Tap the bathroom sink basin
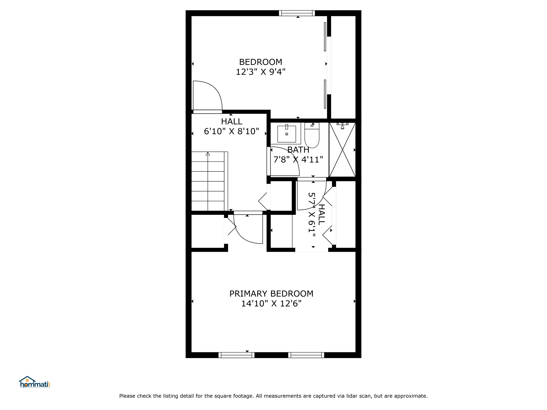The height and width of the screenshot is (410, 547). click(287, 134)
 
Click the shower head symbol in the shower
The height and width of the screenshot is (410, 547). click(342, 126)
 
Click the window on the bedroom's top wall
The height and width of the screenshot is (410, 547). click(297, 13)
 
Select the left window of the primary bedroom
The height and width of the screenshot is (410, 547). click(236, 355)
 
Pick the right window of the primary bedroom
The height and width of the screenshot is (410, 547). click(306, 355)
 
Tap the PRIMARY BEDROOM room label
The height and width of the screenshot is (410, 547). click(271, 294)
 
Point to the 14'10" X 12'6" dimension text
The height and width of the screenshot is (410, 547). click(271, 303)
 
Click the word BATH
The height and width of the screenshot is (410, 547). click(298, 150)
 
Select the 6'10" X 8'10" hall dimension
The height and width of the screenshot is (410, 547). click(232, 131)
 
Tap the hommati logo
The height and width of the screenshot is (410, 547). click(34, 382)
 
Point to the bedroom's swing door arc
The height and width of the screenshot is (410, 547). click(214, 88)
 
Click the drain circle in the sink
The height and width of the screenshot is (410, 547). click(287, 134)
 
